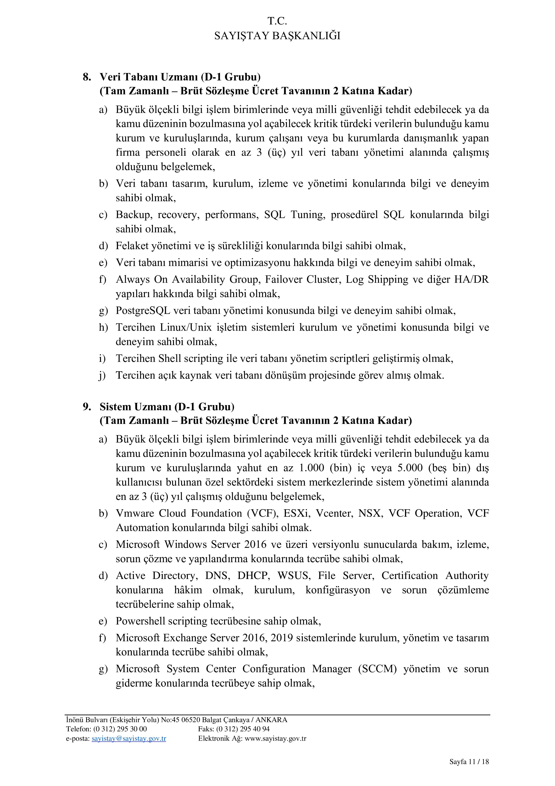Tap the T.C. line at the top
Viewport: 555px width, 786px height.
coord(277,21)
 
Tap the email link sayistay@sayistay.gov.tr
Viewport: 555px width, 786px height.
coord(129,738)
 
